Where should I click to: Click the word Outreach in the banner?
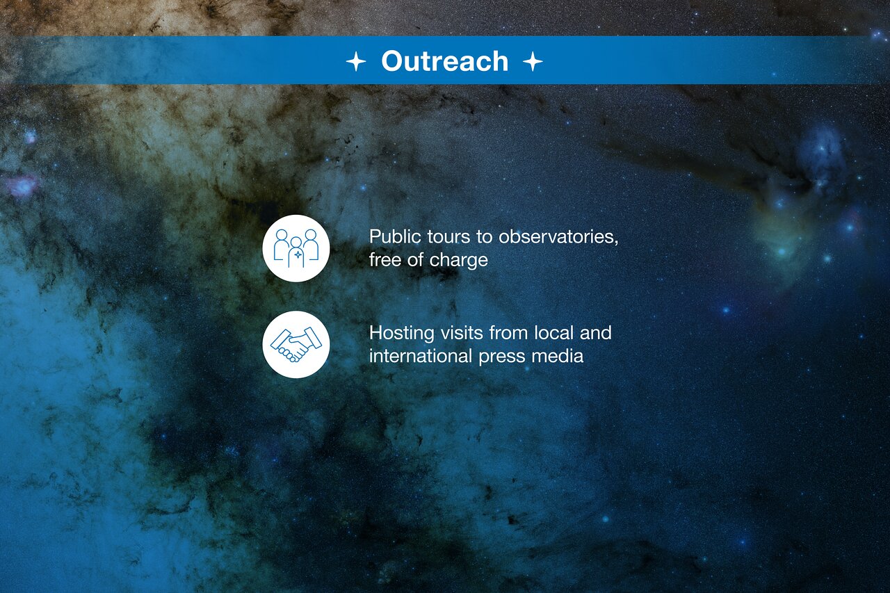click(x=444, y=61)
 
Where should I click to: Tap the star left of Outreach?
click(x=356, y=61)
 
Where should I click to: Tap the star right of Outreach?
click(x=533, y=61)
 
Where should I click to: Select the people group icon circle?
click(x=296, y=248)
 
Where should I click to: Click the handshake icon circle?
click(x=296, y=344)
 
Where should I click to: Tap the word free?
click(x=384, y=260)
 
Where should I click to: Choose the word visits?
click(x=462, y=332)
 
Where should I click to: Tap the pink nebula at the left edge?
click(x=22, y=185)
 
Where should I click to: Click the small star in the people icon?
click(x=297, y=256)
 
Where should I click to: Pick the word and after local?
click(x=596, y=332)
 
